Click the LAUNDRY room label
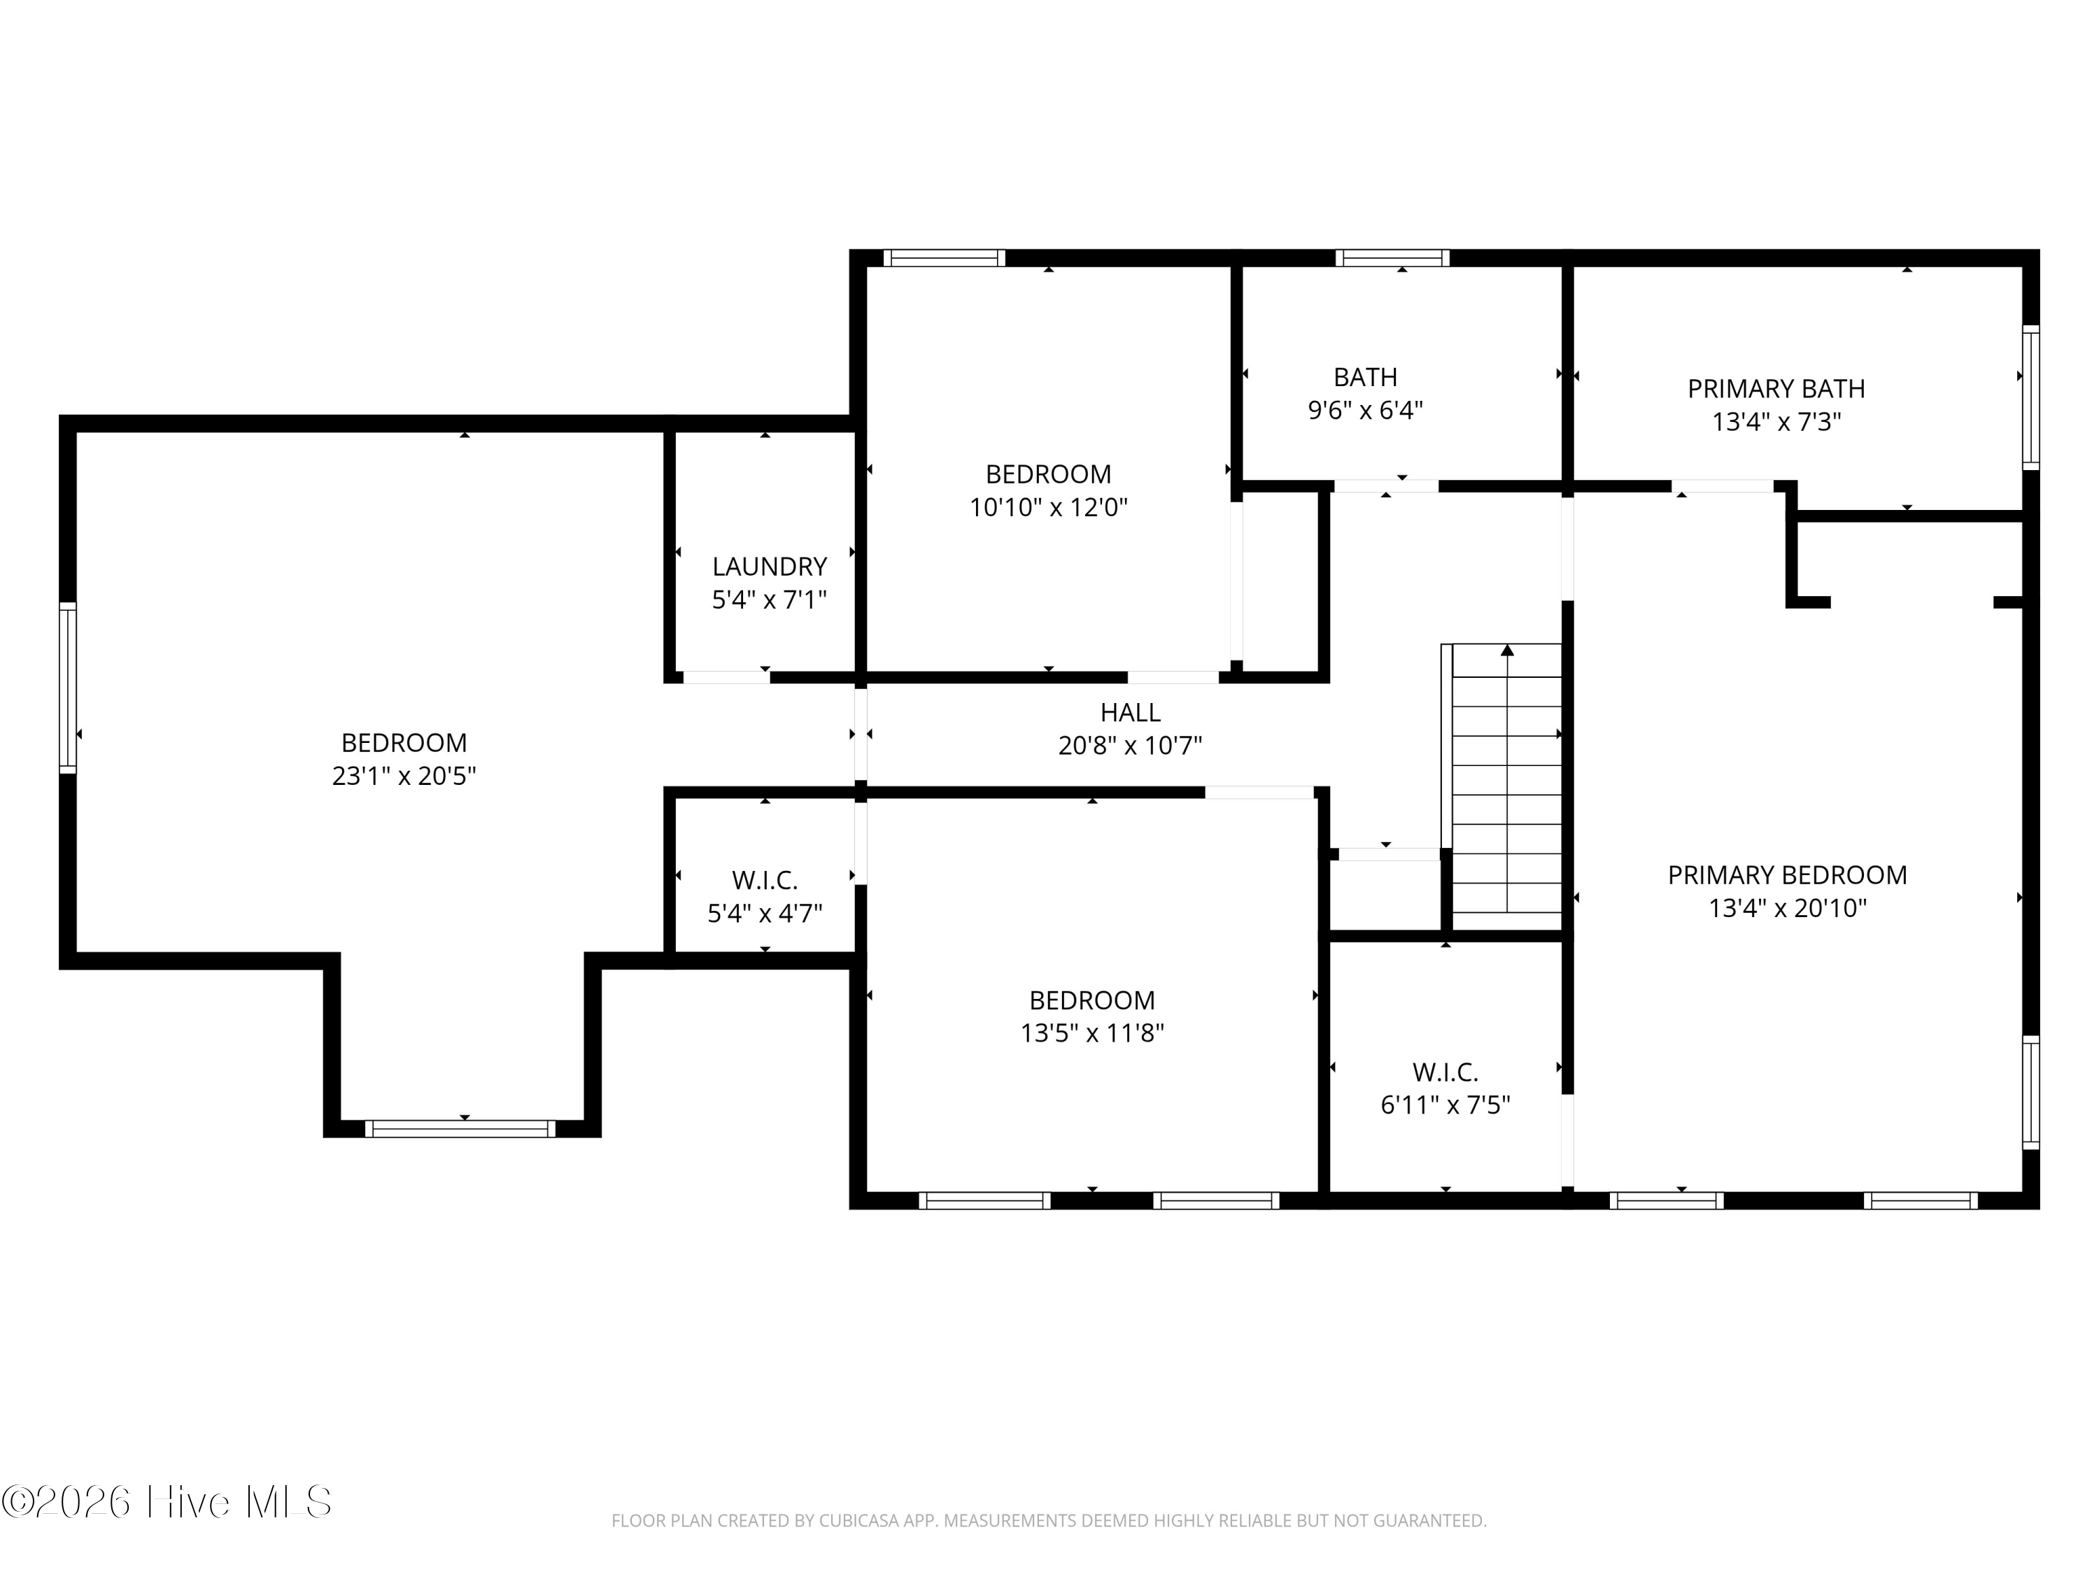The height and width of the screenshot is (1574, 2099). pos(769,567)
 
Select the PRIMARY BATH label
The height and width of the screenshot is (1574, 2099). pos(1776,389)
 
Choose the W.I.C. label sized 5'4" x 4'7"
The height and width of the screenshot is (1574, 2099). pos(764,881)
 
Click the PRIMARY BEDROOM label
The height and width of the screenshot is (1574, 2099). pos(1787,874)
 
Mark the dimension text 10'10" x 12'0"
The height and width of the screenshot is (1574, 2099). pos(1047,508)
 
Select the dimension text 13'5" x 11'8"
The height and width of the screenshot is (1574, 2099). pos(1091,1033)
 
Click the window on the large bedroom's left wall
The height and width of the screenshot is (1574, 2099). pos(67,687)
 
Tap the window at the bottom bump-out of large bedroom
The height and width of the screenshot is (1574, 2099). pos(460,1128)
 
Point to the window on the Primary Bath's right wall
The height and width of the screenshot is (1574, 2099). pos(2030,397)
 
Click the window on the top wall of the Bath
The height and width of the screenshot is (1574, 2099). pos(1392,257)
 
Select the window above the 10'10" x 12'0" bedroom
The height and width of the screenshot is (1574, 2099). pos(943,257)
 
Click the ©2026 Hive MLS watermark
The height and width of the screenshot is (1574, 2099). pos(166,1502)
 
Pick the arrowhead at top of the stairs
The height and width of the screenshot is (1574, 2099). pos(1507,650)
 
